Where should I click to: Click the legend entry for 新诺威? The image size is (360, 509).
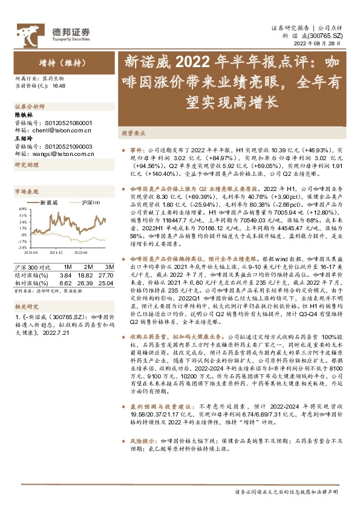point(49,202)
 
